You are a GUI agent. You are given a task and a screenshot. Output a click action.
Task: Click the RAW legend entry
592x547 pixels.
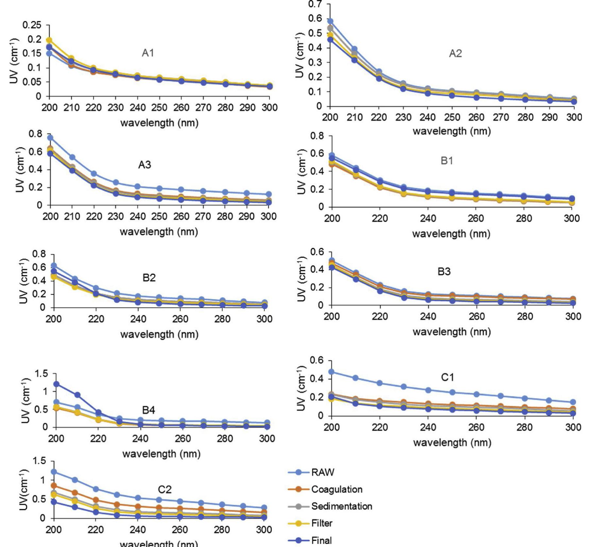tap(322, 472)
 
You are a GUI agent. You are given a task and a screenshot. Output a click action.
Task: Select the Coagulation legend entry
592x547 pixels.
tap(337, 489)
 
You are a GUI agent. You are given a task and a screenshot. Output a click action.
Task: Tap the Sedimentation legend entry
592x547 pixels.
tap(341, 506)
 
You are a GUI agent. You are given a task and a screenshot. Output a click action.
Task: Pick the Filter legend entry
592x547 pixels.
tap(322, 523)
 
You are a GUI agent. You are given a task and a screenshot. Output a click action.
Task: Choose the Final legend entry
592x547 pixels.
tap(321, 540)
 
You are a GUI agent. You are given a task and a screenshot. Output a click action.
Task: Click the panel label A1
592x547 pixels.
tap(148, 53)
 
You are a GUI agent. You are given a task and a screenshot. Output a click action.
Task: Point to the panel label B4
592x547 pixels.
tap(148, 410)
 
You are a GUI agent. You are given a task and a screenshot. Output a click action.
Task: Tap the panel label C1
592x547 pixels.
tap(447, 377)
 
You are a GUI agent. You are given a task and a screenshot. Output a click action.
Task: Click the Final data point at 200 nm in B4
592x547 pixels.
tap(57, 384)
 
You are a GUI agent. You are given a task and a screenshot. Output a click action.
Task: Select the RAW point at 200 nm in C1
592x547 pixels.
tap(331, 372)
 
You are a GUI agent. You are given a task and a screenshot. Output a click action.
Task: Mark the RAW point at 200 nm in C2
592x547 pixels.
tap(54, 472)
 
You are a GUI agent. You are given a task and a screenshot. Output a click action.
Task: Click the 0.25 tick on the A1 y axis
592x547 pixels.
tap(32, 25)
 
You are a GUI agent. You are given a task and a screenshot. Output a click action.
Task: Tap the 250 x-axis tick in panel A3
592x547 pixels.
tap(159, 216)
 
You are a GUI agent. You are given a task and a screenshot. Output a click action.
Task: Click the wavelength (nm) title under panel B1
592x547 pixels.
tap(451, 234)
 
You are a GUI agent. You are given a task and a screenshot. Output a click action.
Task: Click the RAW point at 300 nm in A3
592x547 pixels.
tap(269, 194)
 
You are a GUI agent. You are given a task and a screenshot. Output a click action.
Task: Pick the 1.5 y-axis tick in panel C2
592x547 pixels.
tap(39, 461)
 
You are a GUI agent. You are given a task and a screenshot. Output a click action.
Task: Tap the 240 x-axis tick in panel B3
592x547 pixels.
tap(428, 316)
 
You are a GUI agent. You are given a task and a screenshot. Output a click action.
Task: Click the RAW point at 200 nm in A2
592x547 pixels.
tap(330, 21)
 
